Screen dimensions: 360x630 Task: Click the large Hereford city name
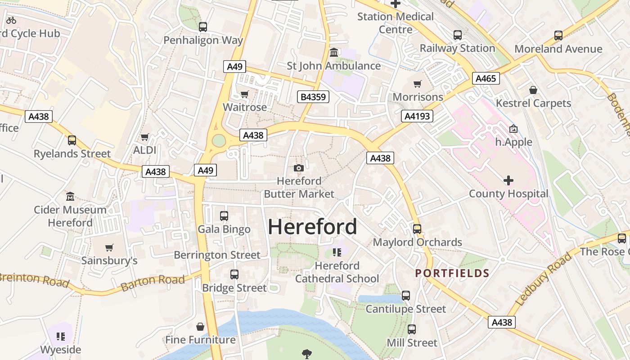[x=312, y=227]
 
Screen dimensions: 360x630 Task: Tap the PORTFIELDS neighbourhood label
[x=452, y=273]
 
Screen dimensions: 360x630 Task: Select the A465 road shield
[x=486, y=79]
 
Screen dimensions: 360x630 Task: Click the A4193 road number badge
[x=417, y=116]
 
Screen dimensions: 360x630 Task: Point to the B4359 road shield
[x=313, y=97]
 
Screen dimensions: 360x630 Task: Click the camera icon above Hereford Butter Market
[x=298, y=168]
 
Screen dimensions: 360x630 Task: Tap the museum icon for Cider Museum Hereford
[x=70, y=197]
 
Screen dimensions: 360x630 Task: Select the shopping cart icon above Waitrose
[x=244, y=94]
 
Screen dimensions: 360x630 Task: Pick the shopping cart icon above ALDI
[x=144, y=137]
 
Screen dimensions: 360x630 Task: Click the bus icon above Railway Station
[x=457, y=35]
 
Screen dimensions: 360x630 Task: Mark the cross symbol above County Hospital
[x=508, y=180]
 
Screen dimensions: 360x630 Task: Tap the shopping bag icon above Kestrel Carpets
[x=533, y=90]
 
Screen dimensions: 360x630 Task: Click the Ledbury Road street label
[x=543, y=279]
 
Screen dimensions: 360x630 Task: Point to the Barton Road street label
[x=153, y=282]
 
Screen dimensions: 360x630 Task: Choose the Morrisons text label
[x=418, y=97]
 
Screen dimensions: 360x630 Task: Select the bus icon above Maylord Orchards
[x=417, y=229]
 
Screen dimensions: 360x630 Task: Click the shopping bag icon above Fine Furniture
[x=200, y=326]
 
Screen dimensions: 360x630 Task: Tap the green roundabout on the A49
[x=219, y=141]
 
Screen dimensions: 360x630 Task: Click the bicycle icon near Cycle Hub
[x=11, y=20]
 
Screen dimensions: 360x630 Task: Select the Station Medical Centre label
[x=396, y=23]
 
